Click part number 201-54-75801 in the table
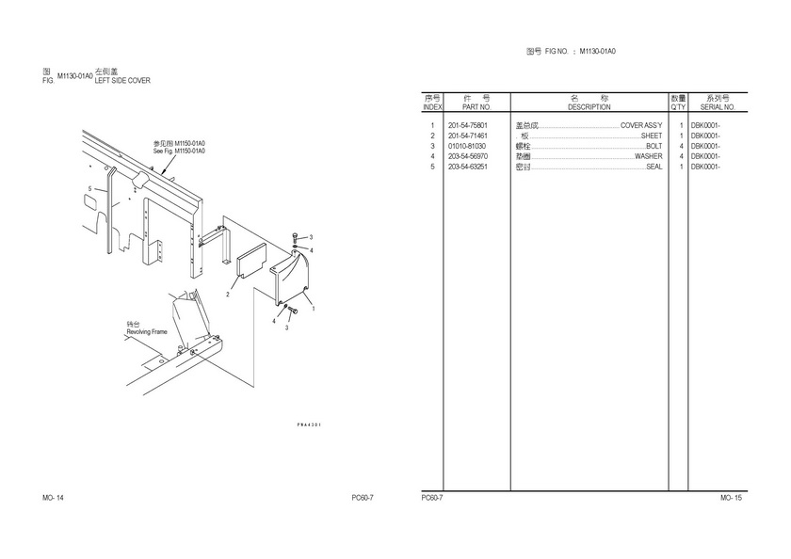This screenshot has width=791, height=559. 467,125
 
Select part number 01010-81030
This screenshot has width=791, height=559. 467,146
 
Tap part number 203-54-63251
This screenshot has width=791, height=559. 467,167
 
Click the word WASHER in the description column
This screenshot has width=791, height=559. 648,156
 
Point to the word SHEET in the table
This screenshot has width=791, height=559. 652,136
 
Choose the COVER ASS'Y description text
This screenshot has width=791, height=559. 640,125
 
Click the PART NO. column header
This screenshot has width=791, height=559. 477,107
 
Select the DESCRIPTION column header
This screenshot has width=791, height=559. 589,107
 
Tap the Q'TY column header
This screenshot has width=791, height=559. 678,107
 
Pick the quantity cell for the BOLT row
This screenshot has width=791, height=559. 680,146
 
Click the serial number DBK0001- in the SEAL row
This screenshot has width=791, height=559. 705,167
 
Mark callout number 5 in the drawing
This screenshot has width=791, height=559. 90,189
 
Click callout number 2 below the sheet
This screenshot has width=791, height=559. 228,295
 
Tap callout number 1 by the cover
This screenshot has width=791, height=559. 313,309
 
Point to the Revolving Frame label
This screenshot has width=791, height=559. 147,332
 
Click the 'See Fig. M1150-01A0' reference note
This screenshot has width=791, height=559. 179,151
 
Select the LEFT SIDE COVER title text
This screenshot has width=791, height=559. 122,81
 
